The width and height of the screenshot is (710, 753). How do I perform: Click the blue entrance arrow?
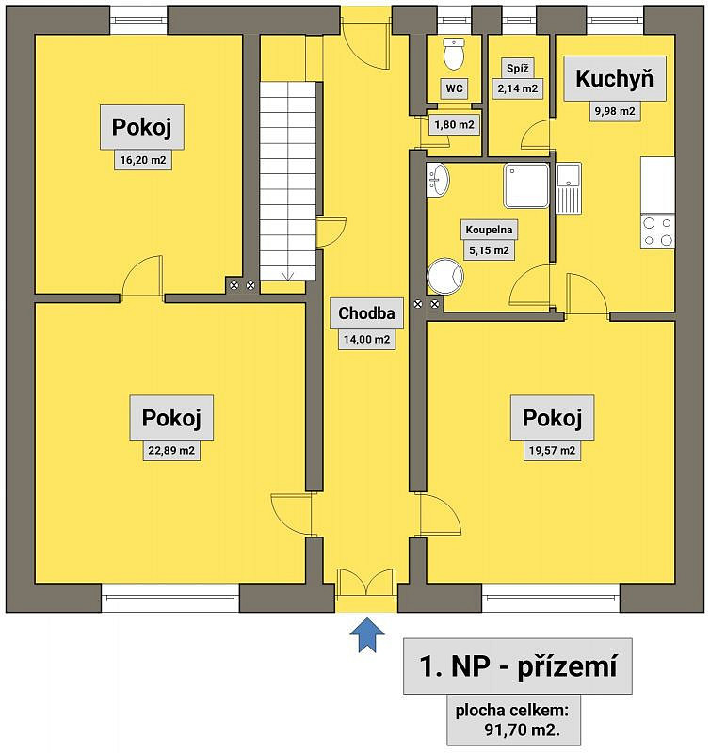pyautogui.click(x=367, y=634)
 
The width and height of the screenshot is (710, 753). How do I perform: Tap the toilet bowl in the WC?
pyautogui.click(x=454, y=54)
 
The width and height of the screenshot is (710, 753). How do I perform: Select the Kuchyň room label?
pyautogui.click(x=614, y=78)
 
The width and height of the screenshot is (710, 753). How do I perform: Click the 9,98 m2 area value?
pyautogui.click(x=615, y=111)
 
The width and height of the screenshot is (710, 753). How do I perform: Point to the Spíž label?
pyautogui.click(x=517, y=68)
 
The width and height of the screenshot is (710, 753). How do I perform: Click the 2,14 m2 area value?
pyautogui.click(x=517, y=88)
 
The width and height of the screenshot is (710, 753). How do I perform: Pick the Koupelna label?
pyautogui.click(x=489, y=230)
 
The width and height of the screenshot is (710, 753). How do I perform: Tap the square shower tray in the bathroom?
pyautogui.click(x=526, y=185)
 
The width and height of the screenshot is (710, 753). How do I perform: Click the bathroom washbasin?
pyautogui.click(x=437, y=180)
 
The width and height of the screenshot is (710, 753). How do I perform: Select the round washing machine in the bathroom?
pyautogui.click(x=445, y=277)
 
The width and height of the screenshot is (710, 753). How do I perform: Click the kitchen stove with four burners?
pyautogui.click(x=657, y=232)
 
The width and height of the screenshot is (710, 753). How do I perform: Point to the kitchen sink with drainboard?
pyautogui.click(x=569, y=187)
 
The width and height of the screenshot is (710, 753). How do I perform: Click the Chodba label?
pyautogui.click(x=366, y=313)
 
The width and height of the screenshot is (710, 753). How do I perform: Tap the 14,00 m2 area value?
pyautogui.click(x=366, y=340)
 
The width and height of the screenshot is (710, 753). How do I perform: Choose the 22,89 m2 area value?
pyautogui.click(x=171, y=451)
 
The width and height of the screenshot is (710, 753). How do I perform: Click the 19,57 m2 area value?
pyautogui.click(x=552, y=451)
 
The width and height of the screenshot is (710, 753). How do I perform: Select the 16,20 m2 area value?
pyautogui.click(x=143, y=160)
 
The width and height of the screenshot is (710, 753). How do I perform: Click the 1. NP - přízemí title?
pyautogui.click(x=518, y=666)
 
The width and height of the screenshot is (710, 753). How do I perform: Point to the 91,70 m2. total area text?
pyautogui.click(x=523, y=730)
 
